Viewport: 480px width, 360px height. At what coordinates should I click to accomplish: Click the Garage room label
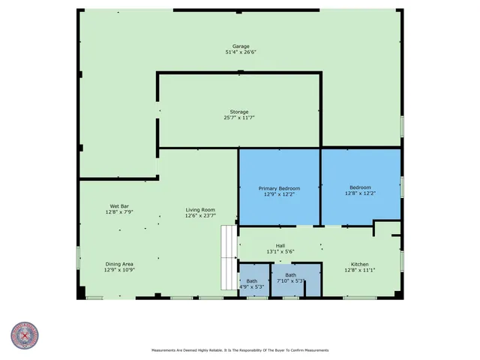point(240,46)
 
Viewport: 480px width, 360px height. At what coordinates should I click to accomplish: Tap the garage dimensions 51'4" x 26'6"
point(240,52)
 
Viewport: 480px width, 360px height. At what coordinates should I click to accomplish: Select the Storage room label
point(239,112)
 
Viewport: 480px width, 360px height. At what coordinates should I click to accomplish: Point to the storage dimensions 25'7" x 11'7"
point(239,118)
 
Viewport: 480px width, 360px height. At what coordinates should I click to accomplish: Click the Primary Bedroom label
point(279,188)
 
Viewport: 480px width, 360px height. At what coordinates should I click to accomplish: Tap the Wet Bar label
point(120,206)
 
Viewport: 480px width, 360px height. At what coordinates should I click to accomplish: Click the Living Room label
point(200,210)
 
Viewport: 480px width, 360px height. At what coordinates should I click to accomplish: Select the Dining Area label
point(119,264)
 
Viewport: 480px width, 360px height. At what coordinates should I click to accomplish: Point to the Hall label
point(280,245)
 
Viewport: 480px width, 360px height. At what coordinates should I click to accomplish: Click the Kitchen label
point(360,264)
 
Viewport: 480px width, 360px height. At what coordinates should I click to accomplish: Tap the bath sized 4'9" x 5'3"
point(252,283)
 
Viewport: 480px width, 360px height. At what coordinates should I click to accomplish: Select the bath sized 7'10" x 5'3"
point(290,278)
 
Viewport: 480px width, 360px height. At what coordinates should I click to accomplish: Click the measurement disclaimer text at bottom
point(240,350)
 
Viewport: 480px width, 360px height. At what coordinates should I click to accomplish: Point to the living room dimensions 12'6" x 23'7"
point(200,216)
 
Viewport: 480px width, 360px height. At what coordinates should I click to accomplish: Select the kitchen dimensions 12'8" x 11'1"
point(360,270)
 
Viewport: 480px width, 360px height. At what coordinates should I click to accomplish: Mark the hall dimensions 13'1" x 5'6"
point(280,251)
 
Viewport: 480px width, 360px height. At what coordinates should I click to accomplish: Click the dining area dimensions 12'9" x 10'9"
point(119,270)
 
